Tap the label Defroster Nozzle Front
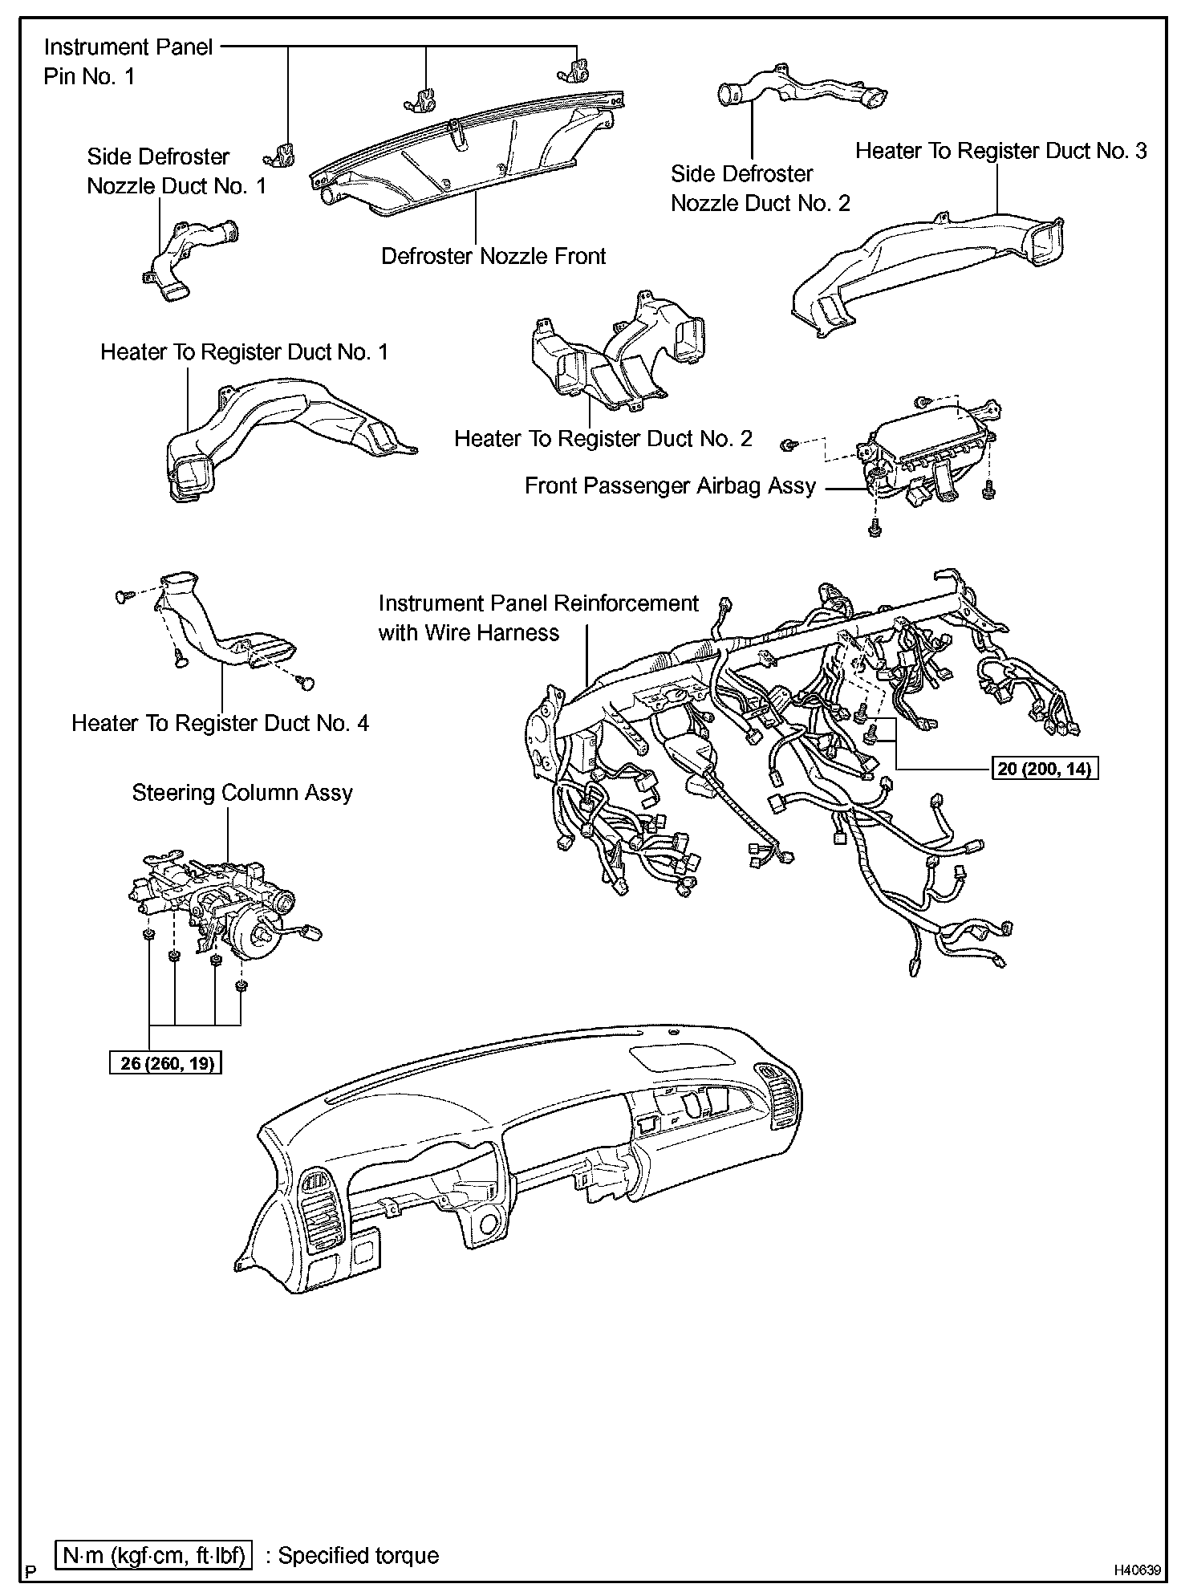[493, 257]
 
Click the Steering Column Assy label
[242, 793]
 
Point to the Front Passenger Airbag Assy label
[670, 486]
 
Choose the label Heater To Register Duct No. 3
[1000, 151]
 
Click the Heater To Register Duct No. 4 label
[220, 723]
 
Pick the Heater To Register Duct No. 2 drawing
[618, 353]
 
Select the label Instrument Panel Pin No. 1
[128, 62]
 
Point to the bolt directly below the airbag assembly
[875, 528]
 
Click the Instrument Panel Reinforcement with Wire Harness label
[538, 618]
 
